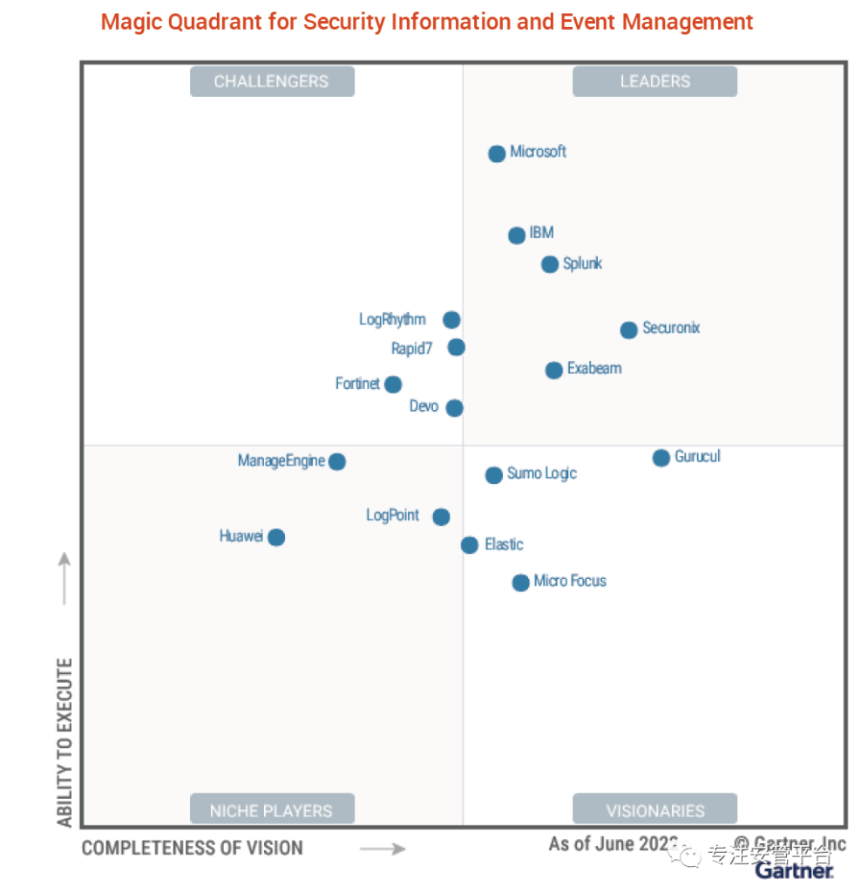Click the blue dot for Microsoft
(x=497, y=153)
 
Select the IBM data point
(x=517, y=235)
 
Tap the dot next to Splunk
(x=549, y=264)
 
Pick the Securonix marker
(x=628, y=330)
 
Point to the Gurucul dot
(x=661, y=458)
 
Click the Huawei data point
(x=276, y=537)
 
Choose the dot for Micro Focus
(x=520, y=583)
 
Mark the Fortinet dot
(x=393, y=385)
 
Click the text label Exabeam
(x=594, y=368)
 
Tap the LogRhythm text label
(x=392, y=319)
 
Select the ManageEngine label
(x=281, y=460)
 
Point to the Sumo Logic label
(x=542, y=474)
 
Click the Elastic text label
(x=504, y=544)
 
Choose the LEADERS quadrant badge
(x=654, y=81)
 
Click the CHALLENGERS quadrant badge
(x=272, y=81)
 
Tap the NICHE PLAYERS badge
(x=272, y=810)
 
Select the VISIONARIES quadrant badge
(x=654, y=810)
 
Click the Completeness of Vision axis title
(x=192, y=848)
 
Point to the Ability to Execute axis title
(x=64, y=741)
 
